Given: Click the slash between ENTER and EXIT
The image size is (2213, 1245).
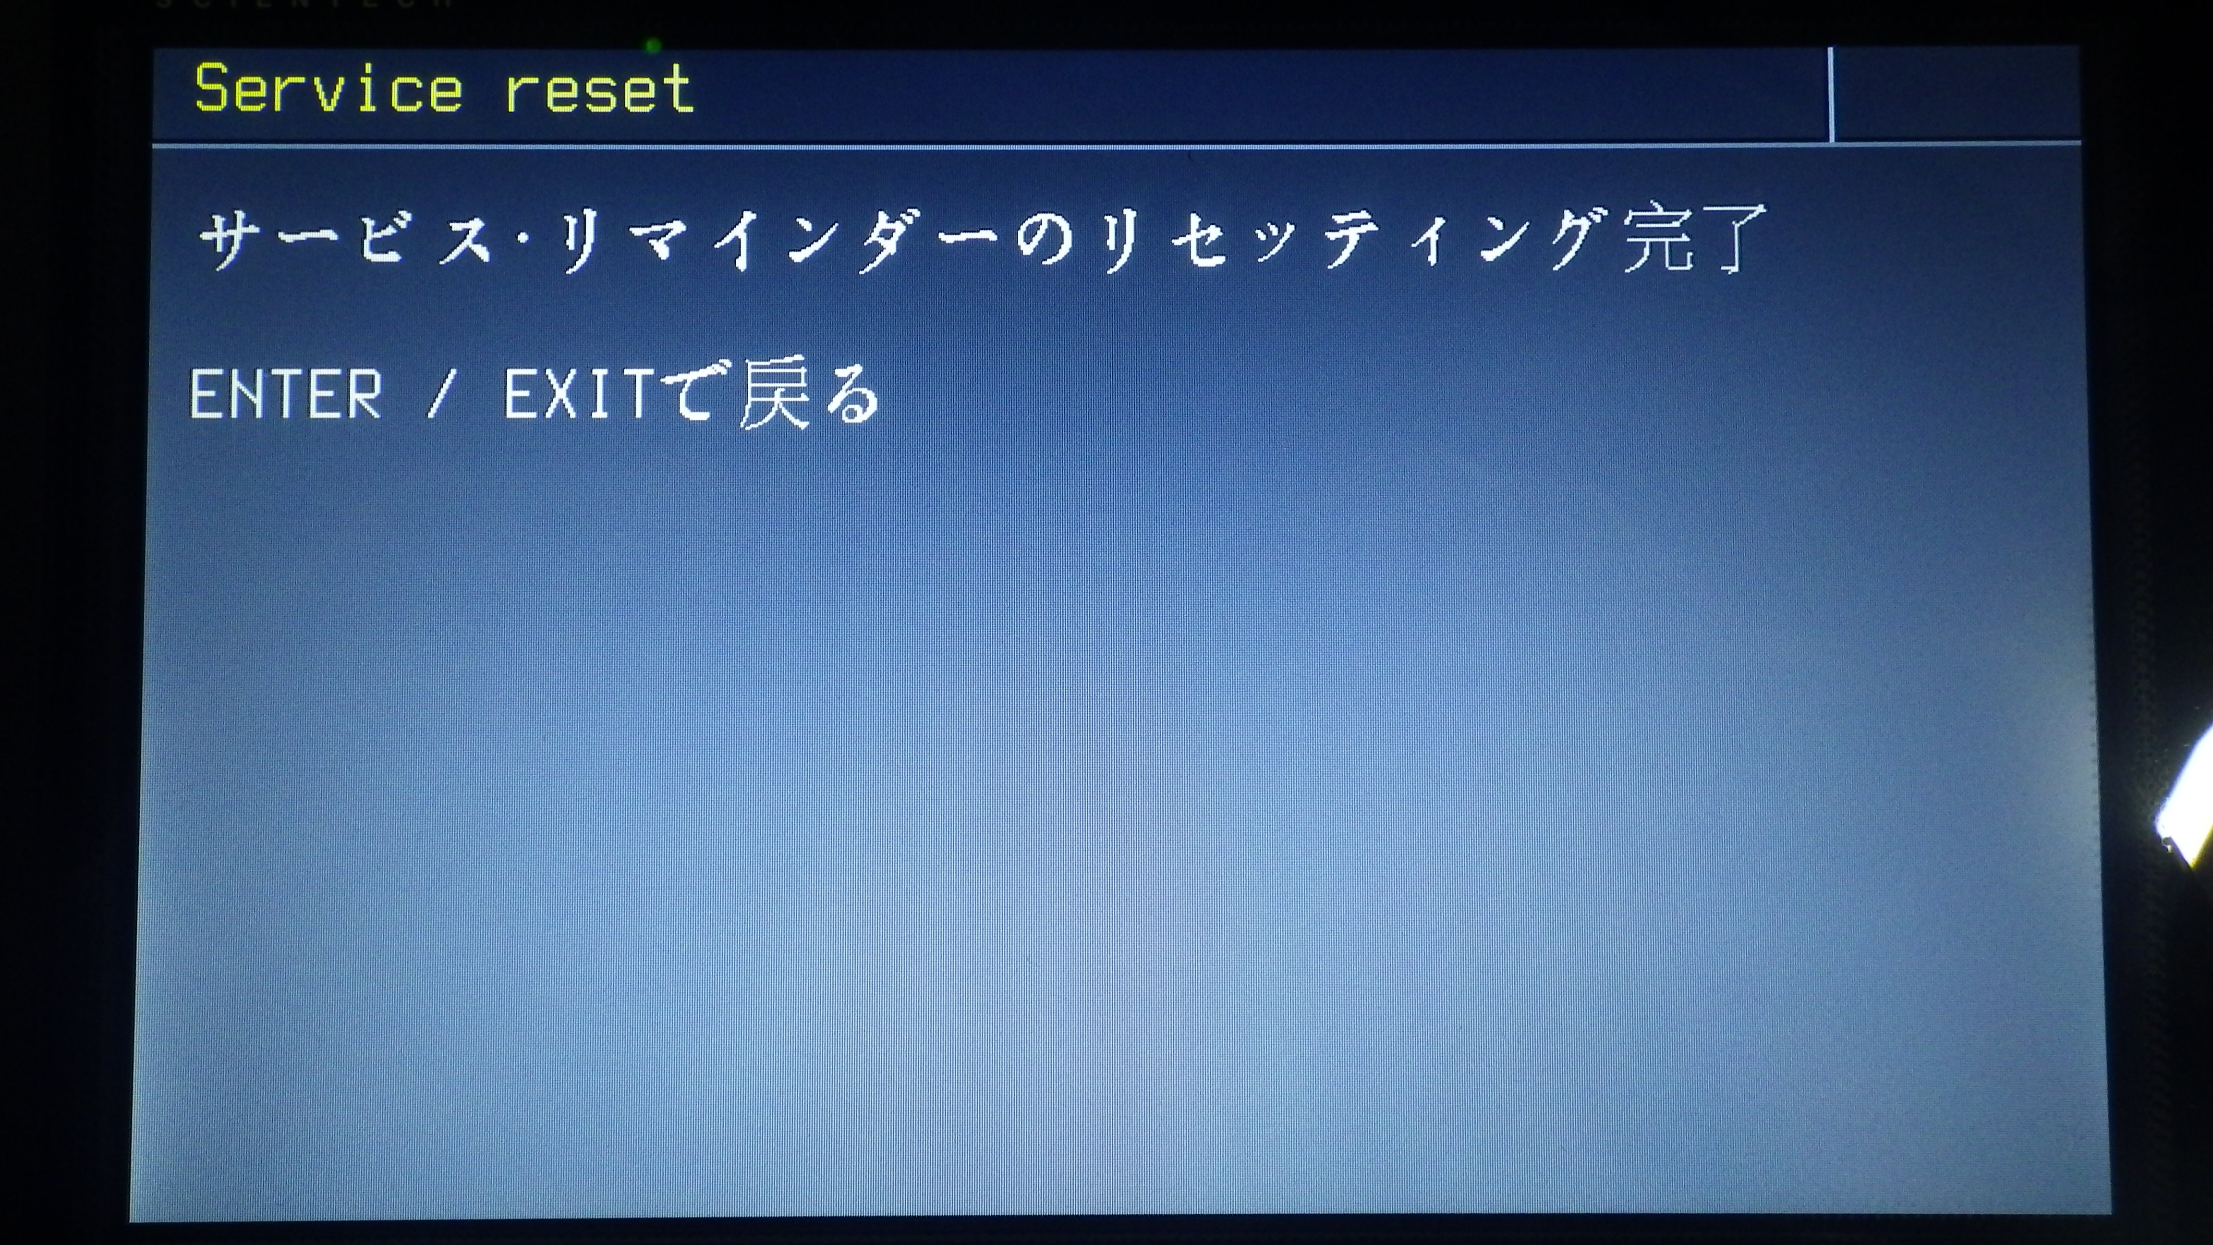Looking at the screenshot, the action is click(x=440, y=395).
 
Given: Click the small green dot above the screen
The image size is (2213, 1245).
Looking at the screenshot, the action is click(x=653, y=46).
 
